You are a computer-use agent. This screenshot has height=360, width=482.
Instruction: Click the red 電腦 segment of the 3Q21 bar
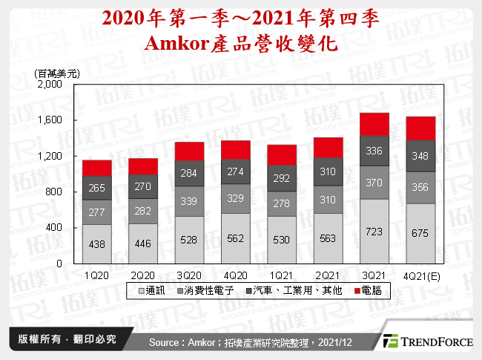pos(374,124)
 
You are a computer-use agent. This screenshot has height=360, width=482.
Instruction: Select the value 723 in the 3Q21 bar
pos(374,233)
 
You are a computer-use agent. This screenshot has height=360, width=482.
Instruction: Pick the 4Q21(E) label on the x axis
pos(420,275)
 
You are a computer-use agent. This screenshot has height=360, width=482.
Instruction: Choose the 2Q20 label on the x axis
pos(143,275)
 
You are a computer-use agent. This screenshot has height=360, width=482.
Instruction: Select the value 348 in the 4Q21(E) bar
pos(420,157)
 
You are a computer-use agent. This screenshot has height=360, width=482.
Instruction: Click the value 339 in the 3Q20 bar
pos(189,200)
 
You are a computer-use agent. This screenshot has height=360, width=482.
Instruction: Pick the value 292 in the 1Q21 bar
pos(282,178)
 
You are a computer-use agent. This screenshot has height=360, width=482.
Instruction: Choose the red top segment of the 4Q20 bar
pos(235,150)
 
